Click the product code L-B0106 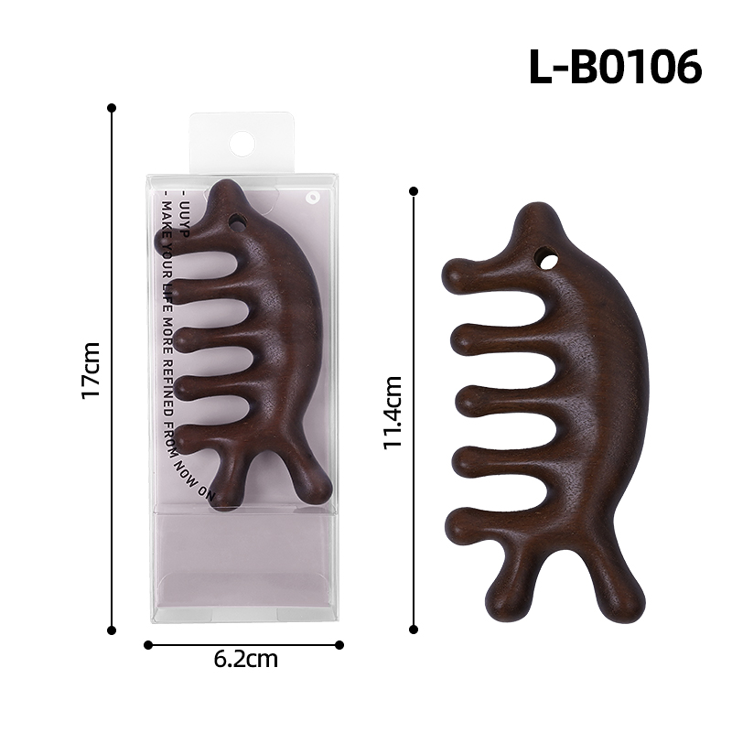coord(615,66)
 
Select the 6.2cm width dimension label coord(244,659)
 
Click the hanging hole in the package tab coord(242,143)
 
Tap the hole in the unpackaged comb coord(548,260)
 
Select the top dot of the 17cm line coord(113,107)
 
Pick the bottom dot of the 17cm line coord(113,630)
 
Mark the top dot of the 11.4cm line coord(414,191)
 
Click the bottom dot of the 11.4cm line coord(414,630)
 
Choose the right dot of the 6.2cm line coord(339,645)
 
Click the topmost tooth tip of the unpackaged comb coord(453,273)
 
